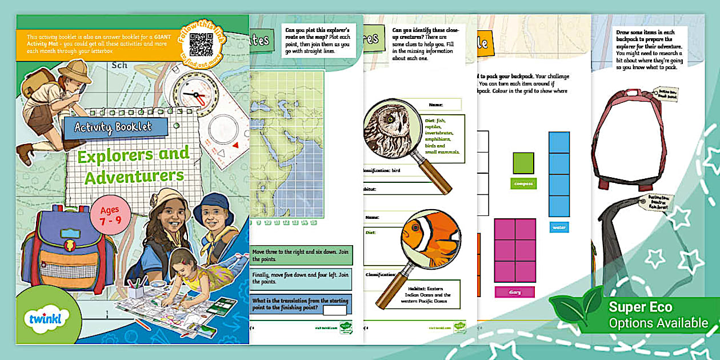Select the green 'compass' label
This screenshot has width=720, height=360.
[523, 183]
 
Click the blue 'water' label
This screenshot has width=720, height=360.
[559, 227]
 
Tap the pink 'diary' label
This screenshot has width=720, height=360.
[514, 291]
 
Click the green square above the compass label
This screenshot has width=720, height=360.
[523, 163]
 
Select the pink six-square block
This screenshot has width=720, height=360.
[514, 250]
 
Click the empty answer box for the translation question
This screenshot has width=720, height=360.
[334, 310]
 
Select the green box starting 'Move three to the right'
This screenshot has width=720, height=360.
[302, 255]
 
